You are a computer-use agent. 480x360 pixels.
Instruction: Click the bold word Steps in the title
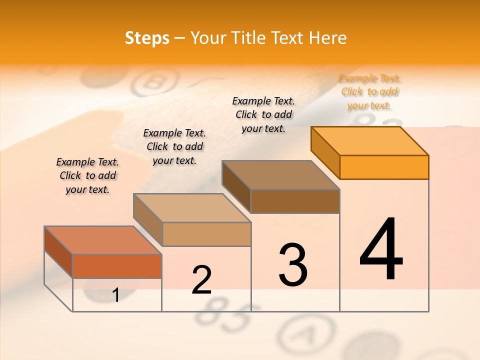(x=147, y=38)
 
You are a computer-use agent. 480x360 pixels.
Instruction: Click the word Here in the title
(x=328, y=38)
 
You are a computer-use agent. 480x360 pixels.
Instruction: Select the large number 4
(x=381, y=250)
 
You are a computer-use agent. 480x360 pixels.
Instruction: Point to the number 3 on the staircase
(x=293, y=265)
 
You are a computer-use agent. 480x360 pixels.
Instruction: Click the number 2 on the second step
(x=201, y=280)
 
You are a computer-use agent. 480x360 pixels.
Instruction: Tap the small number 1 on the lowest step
(x=116, y=295)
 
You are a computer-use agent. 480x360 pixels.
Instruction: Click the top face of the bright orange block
(x=370, y=141)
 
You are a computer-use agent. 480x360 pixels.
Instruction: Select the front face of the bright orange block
(x=384, y=167)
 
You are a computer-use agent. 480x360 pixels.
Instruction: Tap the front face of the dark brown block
(x=295, y=201)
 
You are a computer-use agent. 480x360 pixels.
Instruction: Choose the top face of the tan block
(x=192, y=208)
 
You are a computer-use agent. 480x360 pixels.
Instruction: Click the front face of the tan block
(x=206, y=234)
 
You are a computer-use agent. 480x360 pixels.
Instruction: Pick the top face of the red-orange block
(x=103, y=240)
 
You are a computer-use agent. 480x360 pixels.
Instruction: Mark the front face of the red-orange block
(x=117, y=266)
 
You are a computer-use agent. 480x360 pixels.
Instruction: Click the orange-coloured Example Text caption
(x=369, y=92)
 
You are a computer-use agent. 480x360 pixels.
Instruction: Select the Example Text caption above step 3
(x=263, y=114)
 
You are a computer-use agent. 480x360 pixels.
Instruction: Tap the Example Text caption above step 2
(x=174, y=146)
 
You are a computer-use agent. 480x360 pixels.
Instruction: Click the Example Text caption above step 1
(x=87, y=175)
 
